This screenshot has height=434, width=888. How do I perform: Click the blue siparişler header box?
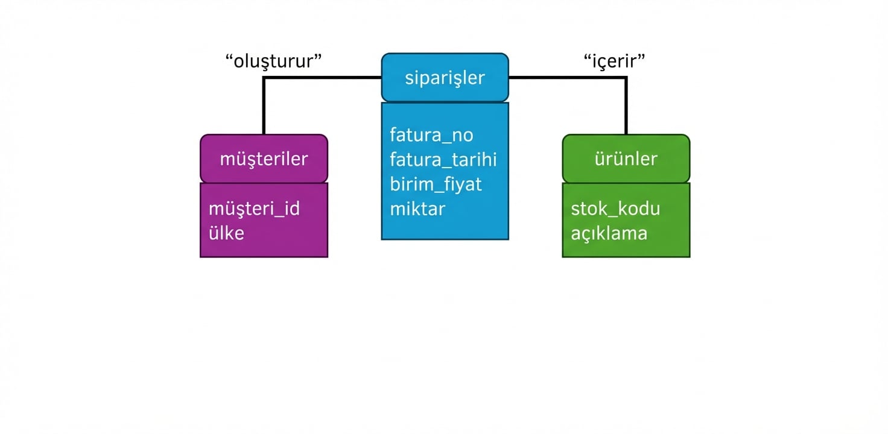point(445,78)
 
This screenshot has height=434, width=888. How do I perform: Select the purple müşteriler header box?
point(264,159)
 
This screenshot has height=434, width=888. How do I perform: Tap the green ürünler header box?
point(626,159)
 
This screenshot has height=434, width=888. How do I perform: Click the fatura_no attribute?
point(431,134)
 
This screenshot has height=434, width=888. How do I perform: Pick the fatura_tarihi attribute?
point(443,159)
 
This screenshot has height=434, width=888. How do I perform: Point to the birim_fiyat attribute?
point(436,184)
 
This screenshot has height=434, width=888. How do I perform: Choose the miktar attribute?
point(417,209)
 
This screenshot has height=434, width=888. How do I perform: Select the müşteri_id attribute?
point(254,209)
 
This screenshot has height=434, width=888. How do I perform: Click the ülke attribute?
point(226,233)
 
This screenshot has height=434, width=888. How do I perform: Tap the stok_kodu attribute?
point(615,209)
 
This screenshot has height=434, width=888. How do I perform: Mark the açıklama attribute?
point(609,233)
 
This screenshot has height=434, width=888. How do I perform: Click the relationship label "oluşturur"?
point(273,61)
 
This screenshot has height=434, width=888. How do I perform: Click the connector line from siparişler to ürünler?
point(567,78)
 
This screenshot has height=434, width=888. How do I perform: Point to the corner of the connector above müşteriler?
point(264,78)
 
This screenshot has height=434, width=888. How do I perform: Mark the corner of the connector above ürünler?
point(626,78)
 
